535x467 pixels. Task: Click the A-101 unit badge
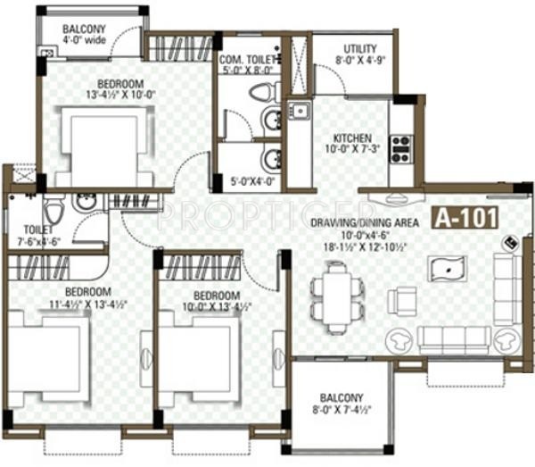pos(465,217)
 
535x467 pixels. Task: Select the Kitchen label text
pos(353,145)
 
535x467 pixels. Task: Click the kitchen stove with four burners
pos(400,148)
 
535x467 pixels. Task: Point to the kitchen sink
pos(299,112)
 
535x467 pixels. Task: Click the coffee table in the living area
pos(446,268)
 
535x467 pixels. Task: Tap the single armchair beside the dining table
pos(407,300)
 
